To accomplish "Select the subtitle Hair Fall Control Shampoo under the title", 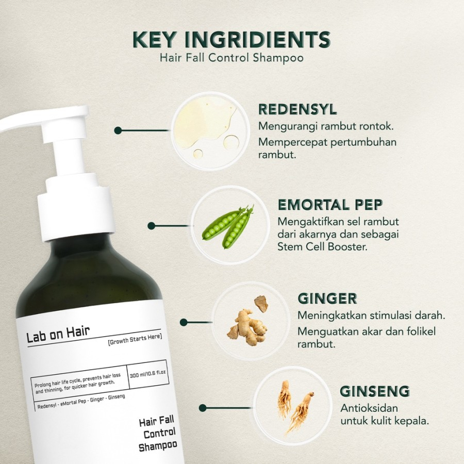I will [x=231, y=57].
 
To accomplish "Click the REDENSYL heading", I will [x=297, y=110].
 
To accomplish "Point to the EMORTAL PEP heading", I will [x=330, y=205].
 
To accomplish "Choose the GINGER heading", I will [x=327, y=299].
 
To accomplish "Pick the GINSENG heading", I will [x=375, y=391].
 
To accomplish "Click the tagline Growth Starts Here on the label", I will [x=135, y=337].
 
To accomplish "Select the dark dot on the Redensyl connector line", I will [x=118, y=130].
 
